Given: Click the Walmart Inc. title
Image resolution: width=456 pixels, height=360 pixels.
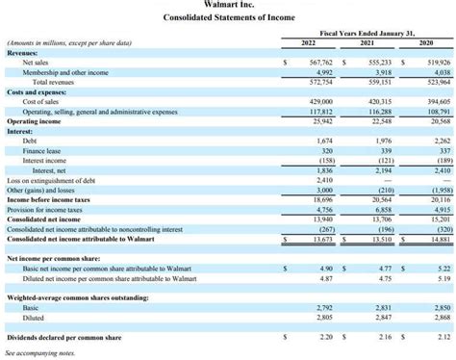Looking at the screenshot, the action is point(228,5).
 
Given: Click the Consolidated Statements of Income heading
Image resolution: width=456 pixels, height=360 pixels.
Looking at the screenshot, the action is point(228,18).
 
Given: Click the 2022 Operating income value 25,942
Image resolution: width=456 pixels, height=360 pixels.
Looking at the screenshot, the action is point(321,121).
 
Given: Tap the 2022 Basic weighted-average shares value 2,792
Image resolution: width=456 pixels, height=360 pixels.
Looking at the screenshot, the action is point(323,307).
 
